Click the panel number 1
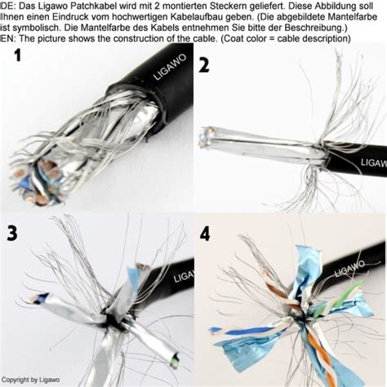[17, 55]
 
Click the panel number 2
[204, 65]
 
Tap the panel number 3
[12, 234]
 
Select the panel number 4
[205, 234]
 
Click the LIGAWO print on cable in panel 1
[170, 67]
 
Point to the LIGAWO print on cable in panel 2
[374, 162]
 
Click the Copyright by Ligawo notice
[30, 380]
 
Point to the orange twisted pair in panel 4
[321, 354]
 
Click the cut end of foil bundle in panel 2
[207, 137]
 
